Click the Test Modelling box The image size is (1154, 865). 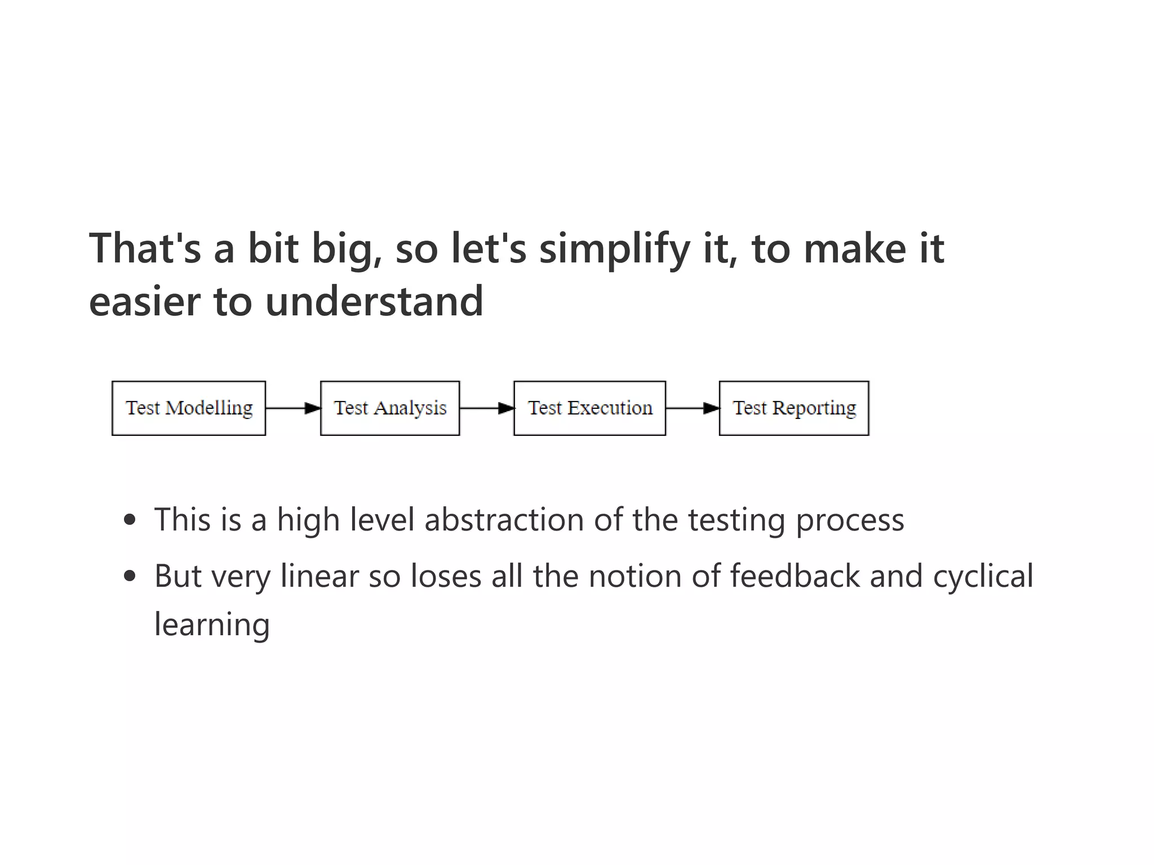tap(189, 408)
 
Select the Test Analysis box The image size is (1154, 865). tap(390, 408)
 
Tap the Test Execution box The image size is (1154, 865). tap(589, 408)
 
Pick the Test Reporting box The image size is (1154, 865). tap(794, 408)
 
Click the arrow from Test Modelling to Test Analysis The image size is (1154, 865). tap(293, 408)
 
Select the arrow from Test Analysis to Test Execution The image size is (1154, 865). tap(487, 408)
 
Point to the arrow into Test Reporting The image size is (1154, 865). tap(693, 408)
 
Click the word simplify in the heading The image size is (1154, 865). tap(614, 249)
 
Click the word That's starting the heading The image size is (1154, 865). tap(145, 249)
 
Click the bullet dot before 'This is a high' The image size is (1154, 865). tap(130, 519)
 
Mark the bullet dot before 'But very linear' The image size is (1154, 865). tap(130, 576)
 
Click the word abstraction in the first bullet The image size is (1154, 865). tap(504, 519)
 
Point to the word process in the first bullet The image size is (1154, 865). tap(850, 519)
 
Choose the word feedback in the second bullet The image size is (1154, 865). tap(795, 576)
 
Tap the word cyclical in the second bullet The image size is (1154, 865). tap(983, 576)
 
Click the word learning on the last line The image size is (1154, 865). tap(212, 625)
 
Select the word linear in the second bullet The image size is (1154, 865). tap(319, 576)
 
